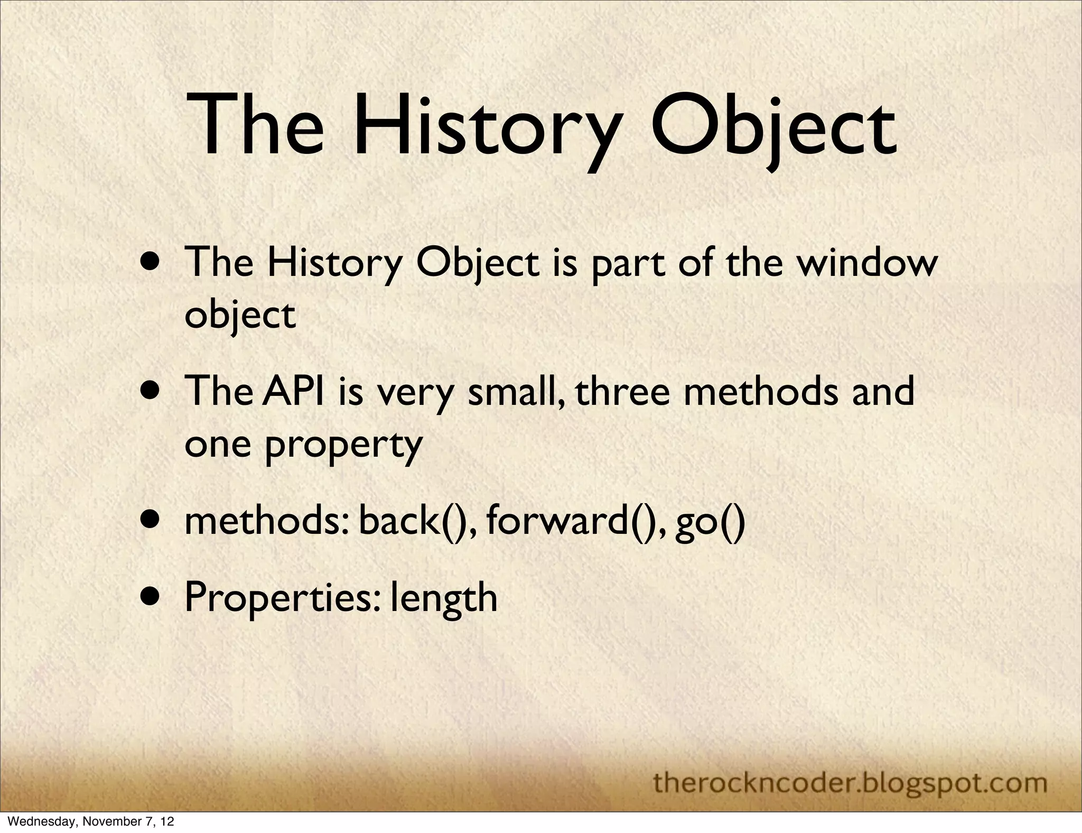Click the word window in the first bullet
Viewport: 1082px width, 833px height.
coord(866,263)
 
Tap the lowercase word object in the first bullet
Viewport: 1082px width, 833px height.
coord(240,316)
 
